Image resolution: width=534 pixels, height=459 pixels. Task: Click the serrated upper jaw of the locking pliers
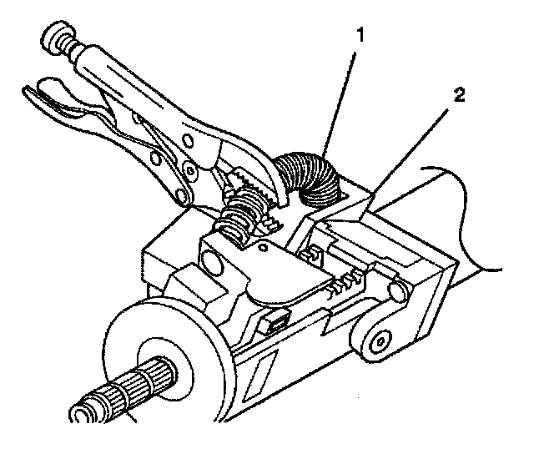250,179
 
